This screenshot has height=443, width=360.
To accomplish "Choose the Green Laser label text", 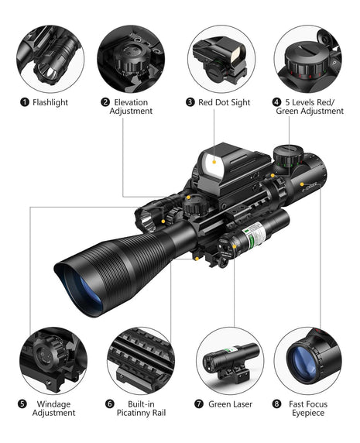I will pyautogui.click(x=231, y=404).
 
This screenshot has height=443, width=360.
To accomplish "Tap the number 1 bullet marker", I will pyautogui.click(x=25, y=102).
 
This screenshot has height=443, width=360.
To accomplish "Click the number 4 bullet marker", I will pyautogui.click(x=276, y=102).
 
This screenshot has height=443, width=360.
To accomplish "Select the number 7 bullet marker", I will pyautogui.click(x=199, y=404).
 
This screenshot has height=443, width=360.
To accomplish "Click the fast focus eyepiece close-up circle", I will pyautogui.click(x=307, y=358).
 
